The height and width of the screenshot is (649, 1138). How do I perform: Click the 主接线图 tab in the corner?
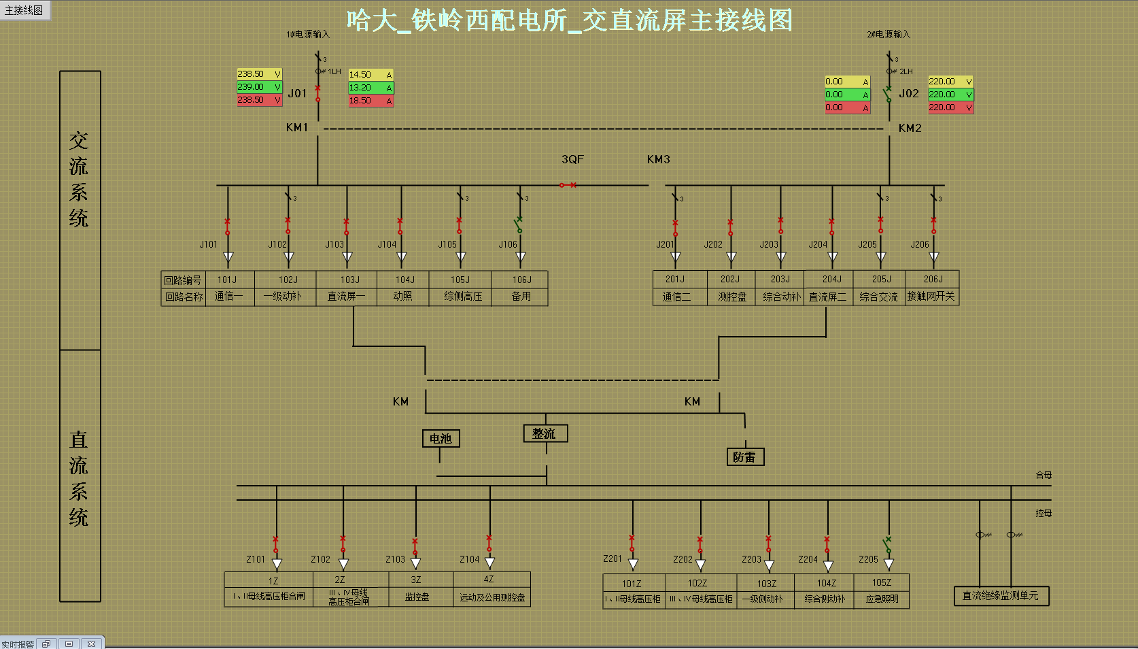click(x=24, y=10)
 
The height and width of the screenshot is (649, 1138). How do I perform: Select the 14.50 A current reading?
click(x=370, y=75)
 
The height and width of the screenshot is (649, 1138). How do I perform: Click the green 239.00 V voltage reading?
click(x=259, y=87)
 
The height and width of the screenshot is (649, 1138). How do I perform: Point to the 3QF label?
click(x=572, y=159)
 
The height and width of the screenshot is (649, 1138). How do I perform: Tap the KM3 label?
click(x=658, y=159)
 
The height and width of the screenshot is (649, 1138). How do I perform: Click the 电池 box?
click(x=441, y=439)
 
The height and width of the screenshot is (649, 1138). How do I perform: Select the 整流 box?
click(x=545, y=433)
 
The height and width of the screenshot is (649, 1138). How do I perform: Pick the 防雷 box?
click(x=745, y=457)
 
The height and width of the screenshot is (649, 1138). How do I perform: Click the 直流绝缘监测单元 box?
click(x=1001, y=596)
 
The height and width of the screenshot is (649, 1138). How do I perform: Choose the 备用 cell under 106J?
click(x=521, y=297)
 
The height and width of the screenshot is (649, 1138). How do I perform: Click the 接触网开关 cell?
click(x=931, y=297)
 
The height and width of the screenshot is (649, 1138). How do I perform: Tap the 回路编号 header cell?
click(x=183, y=280)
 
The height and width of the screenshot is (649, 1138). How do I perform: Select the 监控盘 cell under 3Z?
click(x=417, y=597)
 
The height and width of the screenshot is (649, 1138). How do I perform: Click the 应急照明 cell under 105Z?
click(x=882, y=599)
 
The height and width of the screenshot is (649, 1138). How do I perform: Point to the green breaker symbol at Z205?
click(x=887, y=545)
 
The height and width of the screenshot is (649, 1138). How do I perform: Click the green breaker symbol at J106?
click(x=519, y=224)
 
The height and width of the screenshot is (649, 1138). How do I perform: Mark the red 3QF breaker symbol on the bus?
click(x=568, y=185)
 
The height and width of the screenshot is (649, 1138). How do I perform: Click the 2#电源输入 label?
click(x=888, y=34)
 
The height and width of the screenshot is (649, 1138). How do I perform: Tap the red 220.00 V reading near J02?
click(x=950, y=107)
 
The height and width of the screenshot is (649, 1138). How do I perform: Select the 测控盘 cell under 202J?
click(x=732, y=297)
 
